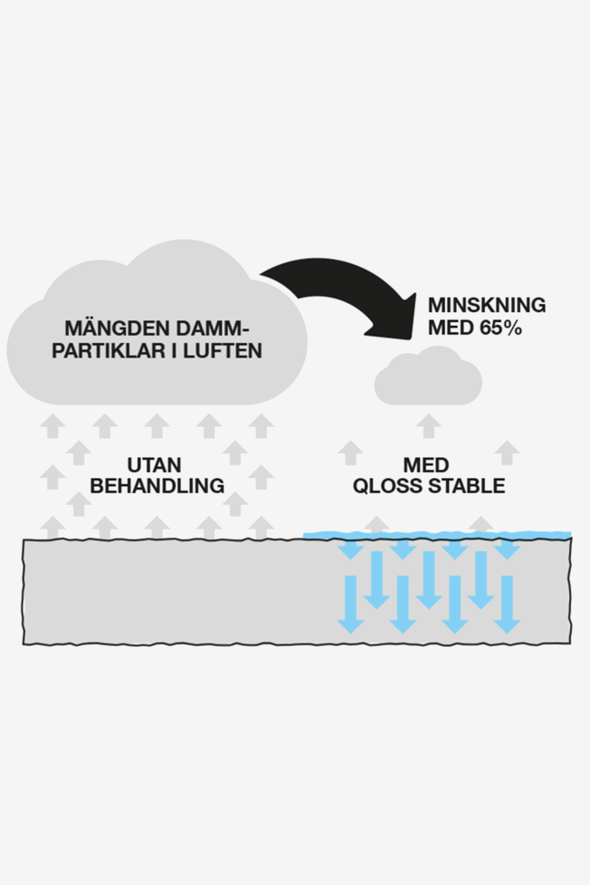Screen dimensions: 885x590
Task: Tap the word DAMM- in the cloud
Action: [213, 328]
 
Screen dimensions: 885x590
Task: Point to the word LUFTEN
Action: [223, 350]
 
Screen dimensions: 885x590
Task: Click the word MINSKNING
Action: [487, 305]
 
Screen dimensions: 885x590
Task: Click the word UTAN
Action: [154, 465]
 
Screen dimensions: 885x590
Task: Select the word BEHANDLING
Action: [157, 486]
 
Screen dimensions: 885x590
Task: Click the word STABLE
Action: [466, 486]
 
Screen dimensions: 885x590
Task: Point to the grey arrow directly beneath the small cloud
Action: [428, 426]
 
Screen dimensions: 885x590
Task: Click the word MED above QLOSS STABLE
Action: [426, 465]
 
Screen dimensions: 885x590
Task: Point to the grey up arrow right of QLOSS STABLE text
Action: [507, 452]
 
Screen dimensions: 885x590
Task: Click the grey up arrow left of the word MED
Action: [350, 452]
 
